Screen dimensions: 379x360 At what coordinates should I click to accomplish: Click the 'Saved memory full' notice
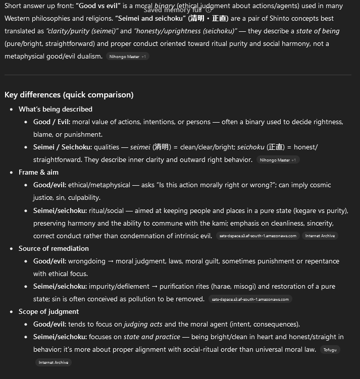coord(173,10)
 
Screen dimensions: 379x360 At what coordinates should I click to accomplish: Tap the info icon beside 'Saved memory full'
coord(209,10)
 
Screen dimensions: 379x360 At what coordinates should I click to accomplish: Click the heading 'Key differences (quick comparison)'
coord(69,95)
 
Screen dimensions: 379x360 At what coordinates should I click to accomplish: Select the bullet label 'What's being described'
coord(56,109)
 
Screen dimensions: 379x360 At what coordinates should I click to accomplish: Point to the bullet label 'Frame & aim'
coord(38,172)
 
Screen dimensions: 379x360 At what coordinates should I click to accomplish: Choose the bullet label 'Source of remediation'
coord(54,248)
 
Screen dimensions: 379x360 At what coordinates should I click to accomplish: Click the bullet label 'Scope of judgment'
coord(48,311)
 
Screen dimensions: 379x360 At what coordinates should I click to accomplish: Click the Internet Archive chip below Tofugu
coord(54,362)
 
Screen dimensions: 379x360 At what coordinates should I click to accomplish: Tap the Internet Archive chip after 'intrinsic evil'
coord(320,236)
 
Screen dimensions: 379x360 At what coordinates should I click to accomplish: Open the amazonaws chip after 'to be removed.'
coord(250,299)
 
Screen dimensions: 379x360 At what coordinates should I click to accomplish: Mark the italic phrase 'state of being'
coord(318,31)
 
